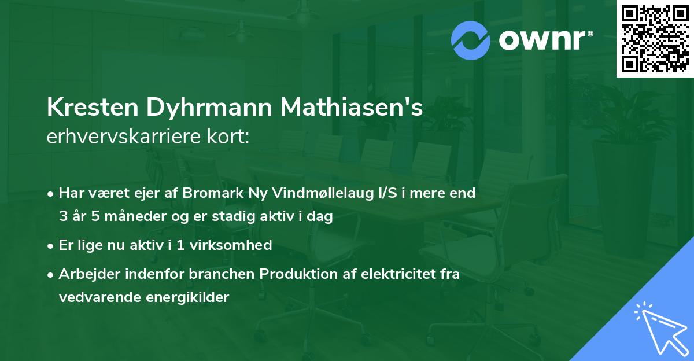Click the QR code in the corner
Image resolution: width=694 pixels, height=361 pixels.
click(x=654, y=38)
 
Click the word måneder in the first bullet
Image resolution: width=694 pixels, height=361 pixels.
click(x=130, y=218)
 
